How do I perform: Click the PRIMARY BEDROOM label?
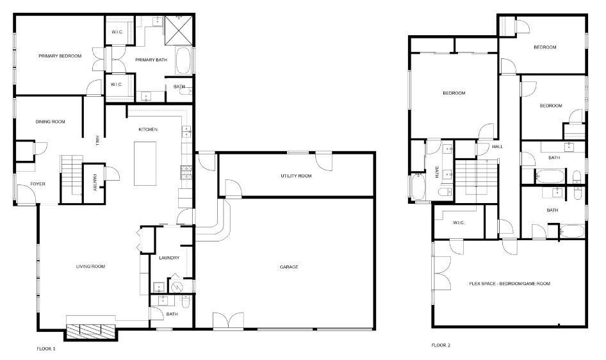point(60,56)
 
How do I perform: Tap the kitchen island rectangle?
point(145,163)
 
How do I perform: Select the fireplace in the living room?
point(91,330)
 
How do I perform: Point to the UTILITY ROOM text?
point(296,176)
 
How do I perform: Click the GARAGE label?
point(289,267)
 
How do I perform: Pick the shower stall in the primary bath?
point(179,29)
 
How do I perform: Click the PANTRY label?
point(94,183)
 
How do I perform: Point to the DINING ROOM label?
point(50,122)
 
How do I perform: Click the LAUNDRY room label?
point(169,258)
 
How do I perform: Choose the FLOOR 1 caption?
point(46,349)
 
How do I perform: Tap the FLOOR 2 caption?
point(441,345)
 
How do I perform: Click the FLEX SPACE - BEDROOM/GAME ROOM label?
point(509,283)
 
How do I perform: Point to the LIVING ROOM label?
point(90,266)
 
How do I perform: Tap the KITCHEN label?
point(148,130)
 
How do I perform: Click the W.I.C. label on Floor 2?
point(458,223)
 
